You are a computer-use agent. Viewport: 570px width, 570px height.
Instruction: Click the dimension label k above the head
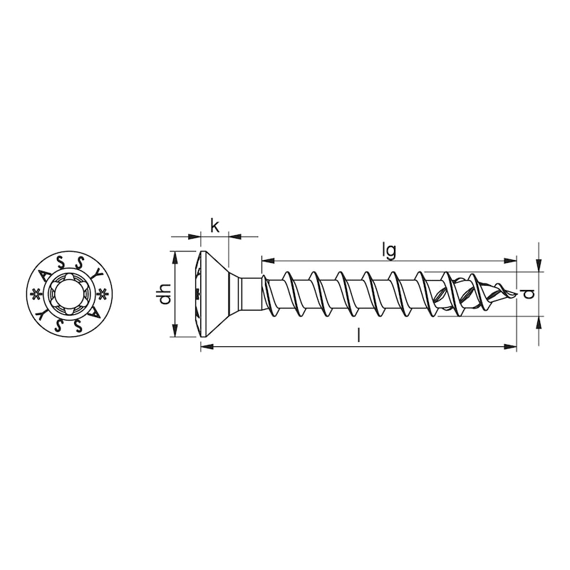coord(214,227)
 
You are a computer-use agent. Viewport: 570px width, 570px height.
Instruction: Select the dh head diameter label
coord(165,294)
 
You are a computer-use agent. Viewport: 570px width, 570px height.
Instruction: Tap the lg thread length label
coord(388,250)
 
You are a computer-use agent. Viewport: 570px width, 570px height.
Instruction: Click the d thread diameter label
coord(527,294)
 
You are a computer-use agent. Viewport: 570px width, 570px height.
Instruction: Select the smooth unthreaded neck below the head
coord(249,294)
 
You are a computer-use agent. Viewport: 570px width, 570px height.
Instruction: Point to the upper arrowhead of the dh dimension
coord(175,256)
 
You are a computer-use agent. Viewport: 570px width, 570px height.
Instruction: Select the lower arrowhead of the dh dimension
coord(175,332)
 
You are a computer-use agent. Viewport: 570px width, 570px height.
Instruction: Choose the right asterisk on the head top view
coord(103,294)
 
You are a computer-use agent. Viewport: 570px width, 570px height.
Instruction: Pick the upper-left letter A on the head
coord(44,274)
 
